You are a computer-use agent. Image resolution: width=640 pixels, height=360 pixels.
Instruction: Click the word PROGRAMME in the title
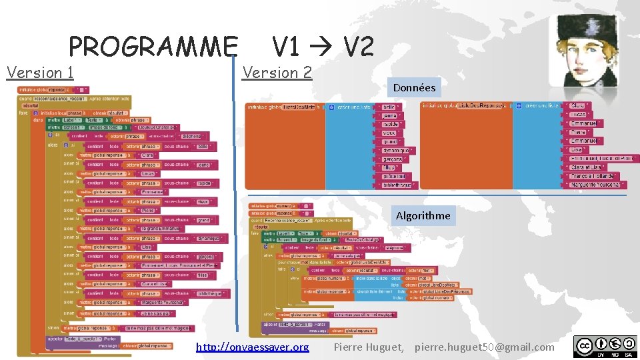tap(153, 47)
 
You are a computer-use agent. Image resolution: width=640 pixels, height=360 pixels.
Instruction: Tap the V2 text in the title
tap(358, 47)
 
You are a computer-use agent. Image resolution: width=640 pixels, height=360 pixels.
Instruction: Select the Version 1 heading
tap(40, 72)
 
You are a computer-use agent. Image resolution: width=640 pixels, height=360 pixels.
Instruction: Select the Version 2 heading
tap(277, 72)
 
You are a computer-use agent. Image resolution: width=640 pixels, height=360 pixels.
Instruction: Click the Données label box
tap(414, 87)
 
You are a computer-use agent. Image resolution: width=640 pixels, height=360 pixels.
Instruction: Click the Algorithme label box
tap(423, 215)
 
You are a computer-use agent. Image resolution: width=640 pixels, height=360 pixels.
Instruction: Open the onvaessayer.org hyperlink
tap(253, 347)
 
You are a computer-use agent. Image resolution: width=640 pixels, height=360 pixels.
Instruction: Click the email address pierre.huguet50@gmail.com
tap(484, 347)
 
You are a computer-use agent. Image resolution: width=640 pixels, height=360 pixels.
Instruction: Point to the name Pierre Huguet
tap(368, 347)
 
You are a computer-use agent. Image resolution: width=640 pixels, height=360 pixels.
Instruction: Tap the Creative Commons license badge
tap(604, 346)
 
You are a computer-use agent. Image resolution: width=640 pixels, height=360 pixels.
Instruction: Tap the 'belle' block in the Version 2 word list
tap(388, 107)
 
